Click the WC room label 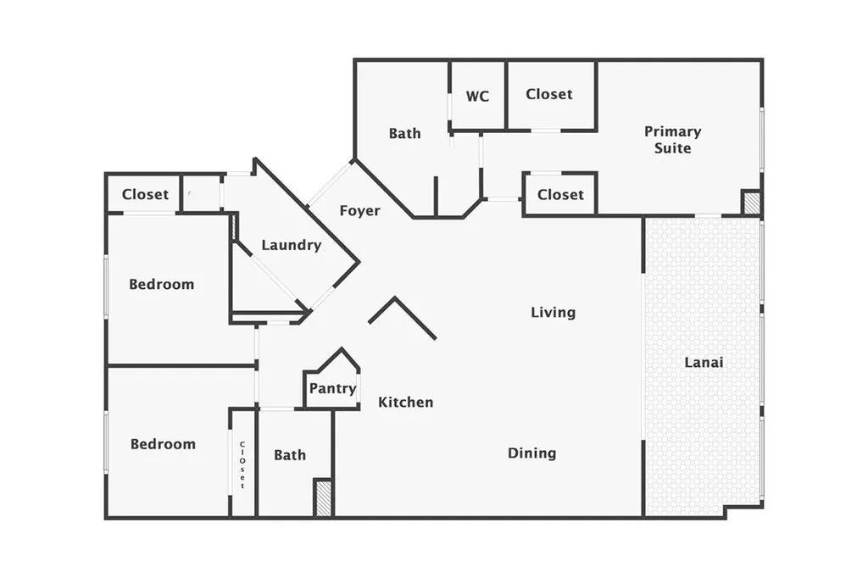coord(477,96)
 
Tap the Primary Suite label coord(672,140)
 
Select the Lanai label coord(704,363)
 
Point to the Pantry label coord(332,389)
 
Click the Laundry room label coord(291,246)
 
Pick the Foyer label coord(359,210)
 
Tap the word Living coord(553,313)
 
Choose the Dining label coord(531,453)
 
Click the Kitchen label coord(405,402)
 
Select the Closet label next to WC coord(548,94)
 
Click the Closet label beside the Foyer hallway coord(560,194)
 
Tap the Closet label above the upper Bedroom coord(145,194)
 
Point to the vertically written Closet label coord(242,464)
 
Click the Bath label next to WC coord(404,133)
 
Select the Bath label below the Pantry coord(290,455)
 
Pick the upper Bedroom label coord(161,284)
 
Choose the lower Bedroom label coord(162,444)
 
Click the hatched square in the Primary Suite coord(751,203)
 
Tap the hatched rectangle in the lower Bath coord(323,497)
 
